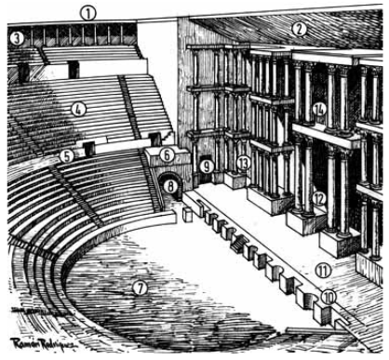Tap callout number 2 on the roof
(x=298, y=29)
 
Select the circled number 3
(x=17, y=37)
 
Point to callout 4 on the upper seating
(x=79, y=108)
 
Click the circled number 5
(x=66, y=154)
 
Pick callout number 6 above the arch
(x=166, y=154)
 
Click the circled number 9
(x=206, y=167)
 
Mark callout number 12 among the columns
(x=318, y=198)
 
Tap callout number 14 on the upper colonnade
(x=319, y=110)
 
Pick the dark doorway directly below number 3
(x=22, y=73)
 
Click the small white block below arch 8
(x=185, y=214)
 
